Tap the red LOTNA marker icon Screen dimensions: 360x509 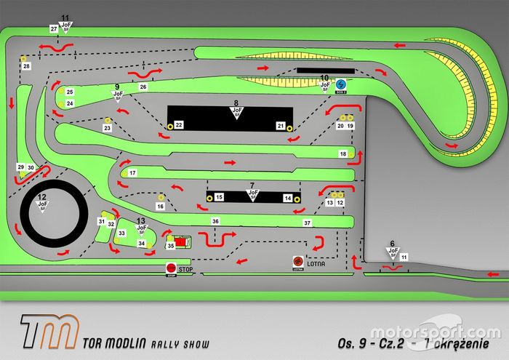tap(297, 261)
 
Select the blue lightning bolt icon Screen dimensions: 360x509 tap(341, 84)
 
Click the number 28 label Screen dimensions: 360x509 tap(26, 66)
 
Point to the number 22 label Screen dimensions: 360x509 tap(178, 125)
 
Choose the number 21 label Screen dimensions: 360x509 tap(280, 126)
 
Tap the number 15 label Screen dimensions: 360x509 tap(219, 197)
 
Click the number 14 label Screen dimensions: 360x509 tap(287, 198)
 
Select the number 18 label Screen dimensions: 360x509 tap(343, 154)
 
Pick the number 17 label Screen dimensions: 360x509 tap(132, 173)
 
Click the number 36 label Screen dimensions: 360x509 tap(215, 220)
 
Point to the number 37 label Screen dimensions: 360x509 tap(308, 222)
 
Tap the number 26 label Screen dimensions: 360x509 tap(143, 87)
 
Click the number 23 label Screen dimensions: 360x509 tap(107, 129)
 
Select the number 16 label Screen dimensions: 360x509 tap(161, 207)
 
